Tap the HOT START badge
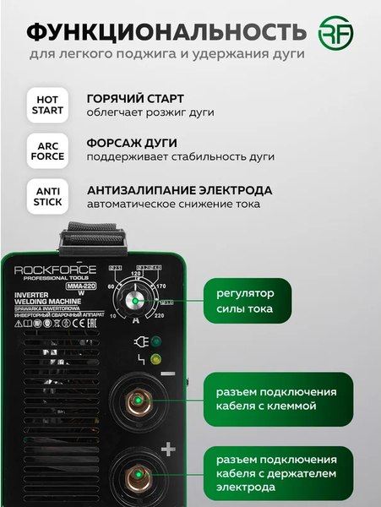(x=47, y=105)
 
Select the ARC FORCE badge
(x=47, y=150)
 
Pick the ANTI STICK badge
(x=47, y=196)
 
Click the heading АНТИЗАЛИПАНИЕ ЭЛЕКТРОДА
(x=179, y=189)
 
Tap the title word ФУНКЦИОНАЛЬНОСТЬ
(x=166, y=33)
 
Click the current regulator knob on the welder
(x=133, y=301)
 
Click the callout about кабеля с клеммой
(x=275, y=399)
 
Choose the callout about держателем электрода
(x=275, y=473)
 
